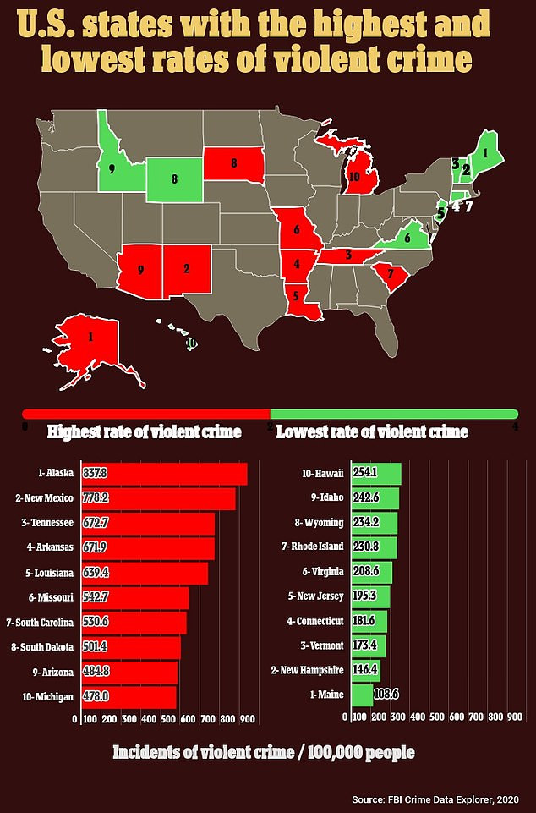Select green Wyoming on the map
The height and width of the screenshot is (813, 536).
pos(174,179)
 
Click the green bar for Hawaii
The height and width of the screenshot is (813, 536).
pos(372,473)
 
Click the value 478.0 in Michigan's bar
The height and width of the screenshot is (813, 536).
pos(97,696)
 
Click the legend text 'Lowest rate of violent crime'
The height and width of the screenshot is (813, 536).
pos(372,432)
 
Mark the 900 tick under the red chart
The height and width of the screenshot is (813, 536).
pos(247,718)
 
